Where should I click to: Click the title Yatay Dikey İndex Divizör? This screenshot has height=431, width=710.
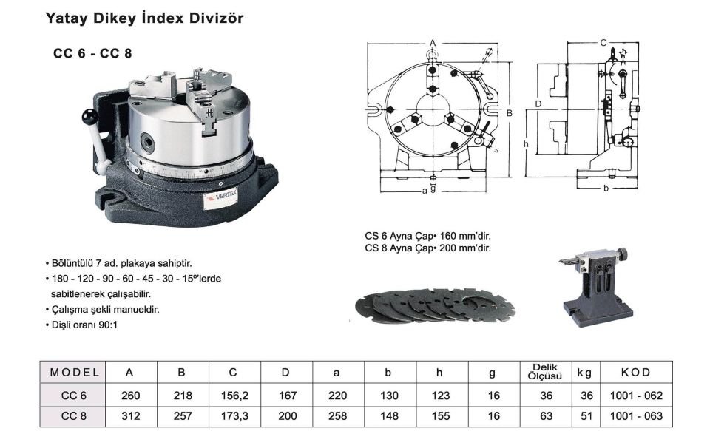click(x=144, y=18)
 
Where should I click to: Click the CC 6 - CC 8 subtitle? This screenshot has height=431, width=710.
click(x=92, y=54)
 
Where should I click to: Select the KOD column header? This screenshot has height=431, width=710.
click(x=635, y=372)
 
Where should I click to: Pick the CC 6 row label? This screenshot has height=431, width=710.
click(x=74, y=396)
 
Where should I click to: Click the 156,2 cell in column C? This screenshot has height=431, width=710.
click(x=235, y=396)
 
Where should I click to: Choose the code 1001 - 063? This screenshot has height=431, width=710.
click(x=635, y=415)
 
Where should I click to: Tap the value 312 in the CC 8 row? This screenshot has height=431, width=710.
click(x=130, y=415)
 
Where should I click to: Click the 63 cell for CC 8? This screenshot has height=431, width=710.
click(x=548, y=415)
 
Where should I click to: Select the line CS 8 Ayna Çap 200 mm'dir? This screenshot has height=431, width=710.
click(x=427, y=248)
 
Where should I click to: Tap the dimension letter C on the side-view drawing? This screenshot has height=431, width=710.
click(x=603, y=42)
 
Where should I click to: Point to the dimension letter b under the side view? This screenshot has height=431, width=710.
click(x=605, y=189)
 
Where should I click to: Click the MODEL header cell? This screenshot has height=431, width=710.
click(x=74, y=372)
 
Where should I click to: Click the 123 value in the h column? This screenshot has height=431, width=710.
click(x=440, y=396)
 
